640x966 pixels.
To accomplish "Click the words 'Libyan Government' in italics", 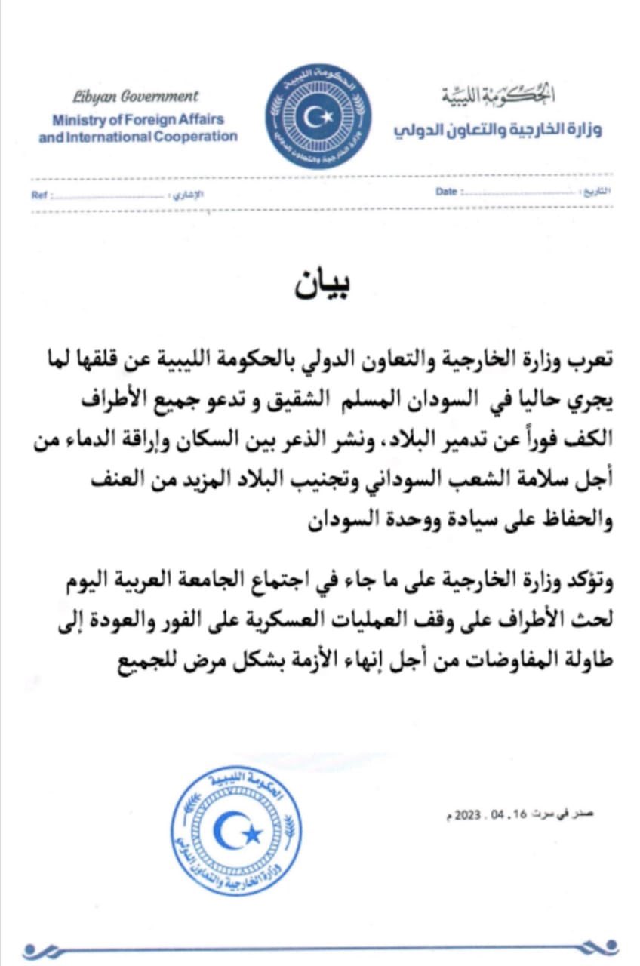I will (x=136, y=97).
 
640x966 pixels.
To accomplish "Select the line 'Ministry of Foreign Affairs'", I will (x=138, y=119).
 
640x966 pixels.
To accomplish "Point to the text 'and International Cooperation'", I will (x=138, y=137).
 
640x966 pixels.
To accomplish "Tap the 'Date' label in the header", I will (x=446, y=192).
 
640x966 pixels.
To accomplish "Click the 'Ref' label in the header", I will (x=39, y=195).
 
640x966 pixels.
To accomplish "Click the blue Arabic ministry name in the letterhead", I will (x=497, y=129).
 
